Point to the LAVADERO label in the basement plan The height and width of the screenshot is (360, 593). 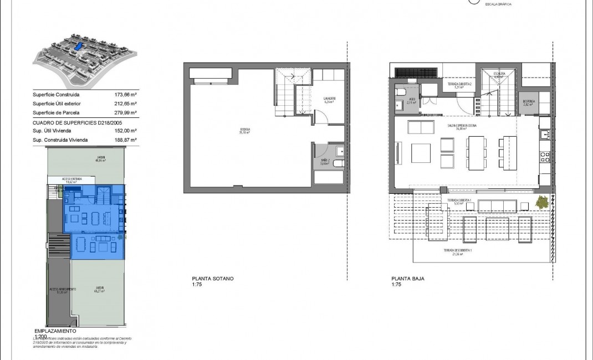click(329, 100)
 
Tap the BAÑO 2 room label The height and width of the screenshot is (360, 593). click(325, 162)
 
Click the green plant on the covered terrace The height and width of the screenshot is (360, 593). click(544, 202)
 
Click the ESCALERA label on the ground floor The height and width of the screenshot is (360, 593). click(498, 73)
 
